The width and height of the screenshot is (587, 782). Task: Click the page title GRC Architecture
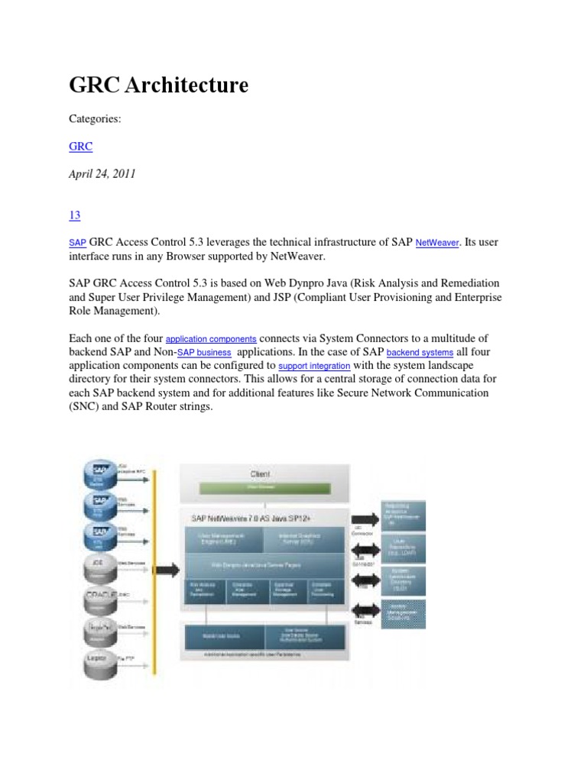pyautogui.click(x=159, y=86)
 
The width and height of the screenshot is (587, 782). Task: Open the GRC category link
pyautogui.click(x=80, y=145)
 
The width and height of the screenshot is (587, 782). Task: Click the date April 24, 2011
pyautogui.click(x=102, y=173)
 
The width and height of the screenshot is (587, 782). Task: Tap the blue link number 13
pyautogui.click(x=75, y=215)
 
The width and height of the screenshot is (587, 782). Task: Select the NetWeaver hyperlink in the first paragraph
pyautogui.click(x=438, y=243)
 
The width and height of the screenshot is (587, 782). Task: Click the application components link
pyautogui.click(x=212, y=338)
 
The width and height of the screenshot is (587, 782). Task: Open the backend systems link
pyautogui.click(x=420, y=353)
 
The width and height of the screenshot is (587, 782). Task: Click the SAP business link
pyautogui.click(x=204, y=353)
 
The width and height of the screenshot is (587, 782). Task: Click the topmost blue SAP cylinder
pyautogui.click(x=100, y=474)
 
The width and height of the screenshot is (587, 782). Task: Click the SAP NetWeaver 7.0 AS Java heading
pyautogui.click(x=243, y=517)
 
